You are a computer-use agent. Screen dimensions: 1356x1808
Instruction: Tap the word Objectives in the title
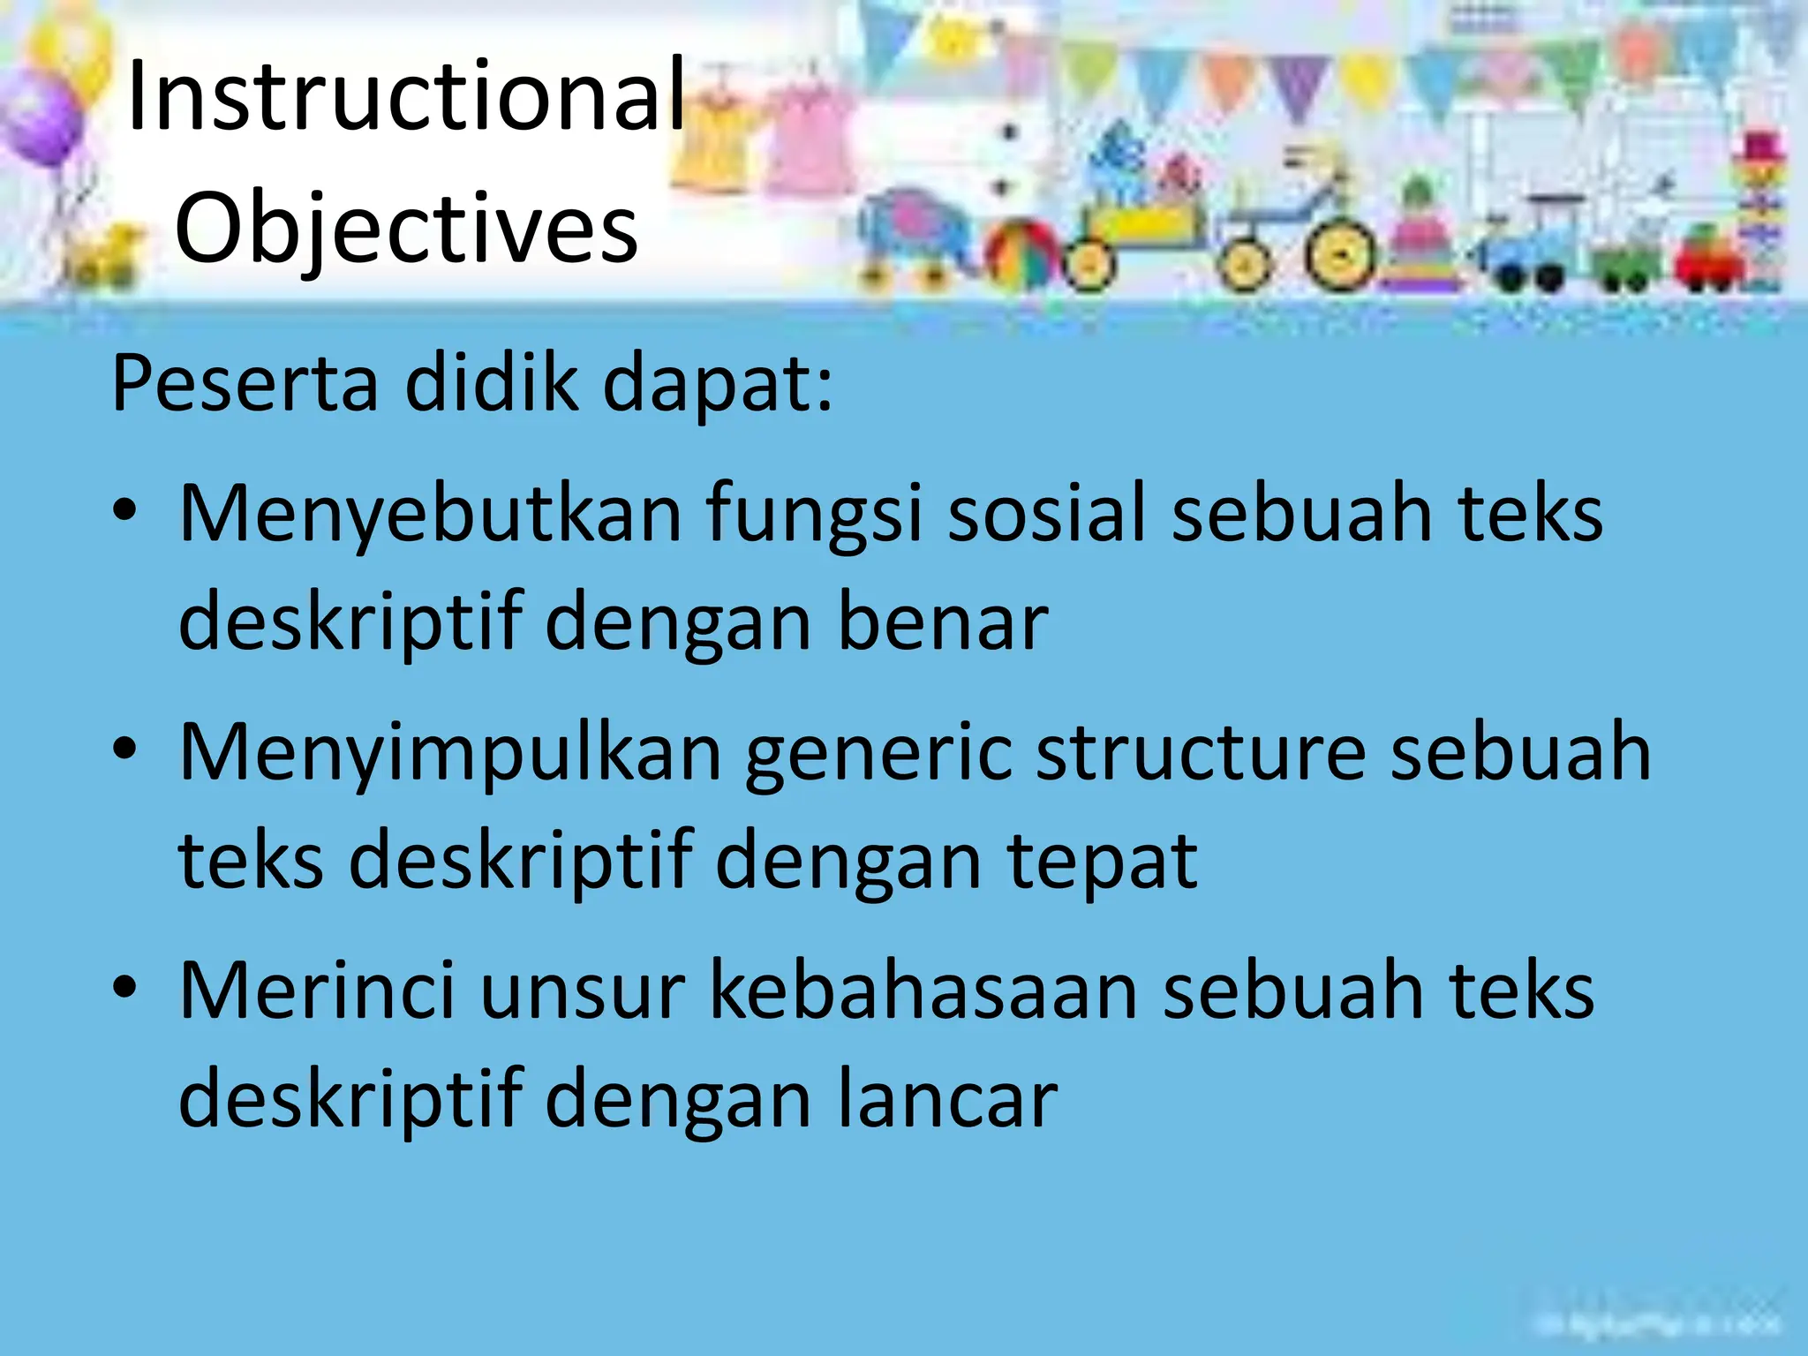coord(406,228)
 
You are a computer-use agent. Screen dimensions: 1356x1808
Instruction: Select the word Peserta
coord(245,384)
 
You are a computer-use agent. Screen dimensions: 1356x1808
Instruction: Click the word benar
coord(942,622)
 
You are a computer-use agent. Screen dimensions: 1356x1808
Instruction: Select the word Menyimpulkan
coord(450,752)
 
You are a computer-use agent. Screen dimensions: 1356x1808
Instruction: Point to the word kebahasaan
coord(923,991)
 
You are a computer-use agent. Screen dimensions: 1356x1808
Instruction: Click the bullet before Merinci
coord(124,987)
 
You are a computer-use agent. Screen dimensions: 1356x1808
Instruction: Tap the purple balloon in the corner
coord(40,119)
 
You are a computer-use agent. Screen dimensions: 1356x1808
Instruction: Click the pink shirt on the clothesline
coord(808,141)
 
